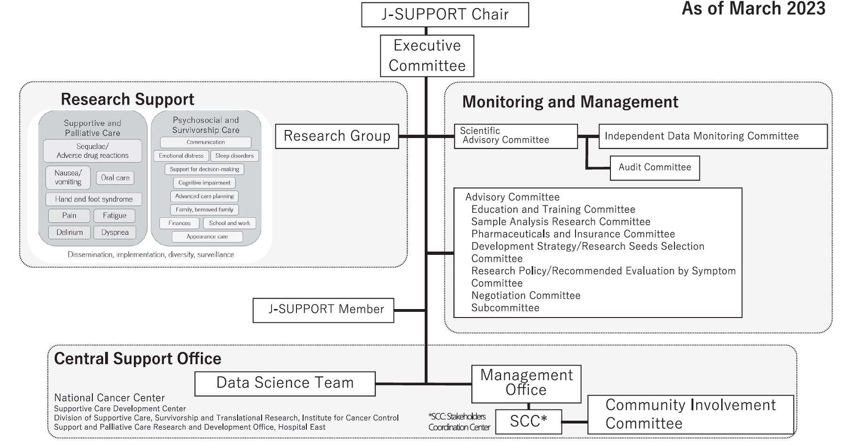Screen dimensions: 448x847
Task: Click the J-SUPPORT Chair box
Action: click(x=445, y=15)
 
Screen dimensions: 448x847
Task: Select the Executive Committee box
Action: click(x=427, y=56)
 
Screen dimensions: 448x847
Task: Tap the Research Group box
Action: click(x=337, y=136)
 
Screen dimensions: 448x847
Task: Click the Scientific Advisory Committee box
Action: click(x=516, y=136)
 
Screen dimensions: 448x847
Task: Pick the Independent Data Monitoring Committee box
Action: click(x=713, y=136)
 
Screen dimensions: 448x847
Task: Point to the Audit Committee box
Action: click(x=655, y=168)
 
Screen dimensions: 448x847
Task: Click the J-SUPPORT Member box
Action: click(x=323, y=310)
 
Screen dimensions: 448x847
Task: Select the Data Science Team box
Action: click(x=285, y=383)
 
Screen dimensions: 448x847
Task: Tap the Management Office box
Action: click(x=526, y=383)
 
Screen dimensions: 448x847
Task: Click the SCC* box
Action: click(x=528, y=422)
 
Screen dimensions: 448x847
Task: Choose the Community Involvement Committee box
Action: click(x=691, y=415)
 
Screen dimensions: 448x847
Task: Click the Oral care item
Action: click(x=115, y=178)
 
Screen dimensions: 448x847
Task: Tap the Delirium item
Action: click(x=69, y=233)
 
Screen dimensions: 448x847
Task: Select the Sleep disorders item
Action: click(x=234, y=156)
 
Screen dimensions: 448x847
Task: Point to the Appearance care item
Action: click(x=207, y=237)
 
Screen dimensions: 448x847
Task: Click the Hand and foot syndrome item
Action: click(x=93, y=199)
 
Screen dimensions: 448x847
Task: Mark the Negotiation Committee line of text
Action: click(x=526, y=296)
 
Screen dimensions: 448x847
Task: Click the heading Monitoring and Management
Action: click(x=570, y=102)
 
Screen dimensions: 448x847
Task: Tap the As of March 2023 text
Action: click(x=753, y=9)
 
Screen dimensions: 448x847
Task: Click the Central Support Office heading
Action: click(x=138, y=359)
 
